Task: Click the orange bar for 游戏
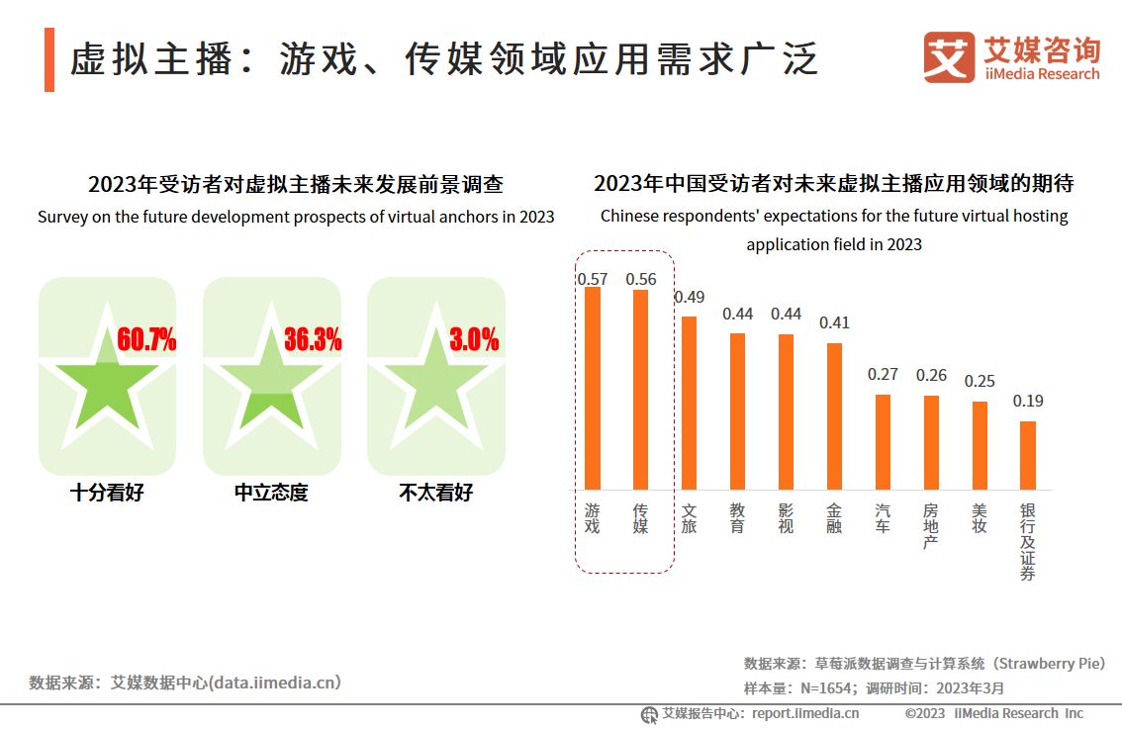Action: pos(592,388)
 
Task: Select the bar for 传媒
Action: pos(640,390)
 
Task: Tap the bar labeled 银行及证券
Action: pos(1028,455)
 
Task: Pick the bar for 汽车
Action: pos(883,441)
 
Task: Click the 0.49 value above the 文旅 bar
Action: pos(689,297)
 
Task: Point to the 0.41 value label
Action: pos(834,322)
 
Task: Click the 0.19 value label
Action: pos(1028,401)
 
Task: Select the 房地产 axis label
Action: pos(931,526)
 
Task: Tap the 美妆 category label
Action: pos(980,518)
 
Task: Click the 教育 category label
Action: pos(737,518)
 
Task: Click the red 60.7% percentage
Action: pos(146,340)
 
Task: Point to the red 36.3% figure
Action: pos(312,340)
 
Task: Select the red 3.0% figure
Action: pos(474,340)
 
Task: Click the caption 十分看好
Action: pos(107,492)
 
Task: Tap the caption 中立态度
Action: pos(271,492)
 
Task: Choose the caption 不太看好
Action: pos(435,492)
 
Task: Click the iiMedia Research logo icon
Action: pos(949,57)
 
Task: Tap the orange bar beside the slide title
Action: pos(49,59)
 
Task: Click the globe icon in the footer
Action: pos(649,714)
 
